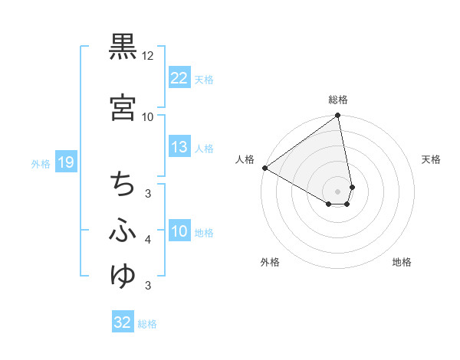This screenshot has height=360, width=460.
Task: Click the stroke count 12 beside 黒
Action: pos(148,57)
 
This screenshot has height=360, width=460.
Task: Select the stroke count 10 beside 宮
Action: pos(148,117)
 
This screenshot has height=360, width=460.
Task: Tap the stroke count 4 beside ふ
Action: pos(148,241)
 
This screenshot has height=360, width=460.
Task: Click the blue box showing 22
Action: pos(179,78)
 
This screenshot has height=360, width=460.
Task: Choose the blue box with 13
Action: pos(179,147)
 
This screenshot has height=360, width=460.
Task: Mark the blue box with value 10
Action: pos(179,231)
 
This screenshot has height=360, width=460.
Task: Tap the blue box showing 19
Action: pos(65,162)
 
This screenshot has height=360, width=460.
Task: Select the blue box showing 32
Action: pos(123,322)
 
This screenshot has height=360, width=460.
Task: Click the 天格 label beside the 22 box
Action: pos(204,79)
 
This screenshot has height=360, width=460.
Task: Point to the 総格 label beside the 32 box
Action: pos(147,324)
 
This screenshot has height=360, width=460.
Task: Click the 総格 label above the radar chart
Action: pos(338,100)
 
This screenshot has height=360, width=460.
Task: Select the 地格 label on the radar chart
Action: pos(402,262)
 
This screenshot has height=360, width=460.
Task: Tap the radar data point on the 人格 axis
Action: pos(264,168)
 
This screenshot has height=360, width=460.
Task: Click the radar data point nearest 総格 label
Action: pos(338,116)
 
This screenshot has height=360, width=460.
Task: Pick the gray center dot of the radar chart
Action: pos(338,191)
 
